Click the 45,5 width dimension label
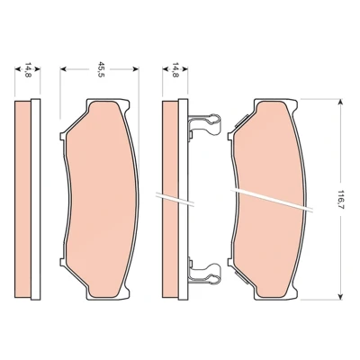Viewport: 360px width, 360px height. [100, 69]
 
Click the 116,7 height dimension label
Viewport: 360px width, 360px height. [340, 200]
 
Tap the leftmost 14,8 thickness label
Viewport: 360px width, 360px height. [28, 69]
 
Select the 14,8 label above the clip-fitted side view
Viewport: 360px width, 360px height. [175, 69]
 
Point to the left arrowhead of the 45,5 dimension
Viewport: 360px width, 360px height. [63, 69]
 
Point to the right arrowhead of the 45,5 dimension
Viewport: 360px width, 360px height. [136, 69]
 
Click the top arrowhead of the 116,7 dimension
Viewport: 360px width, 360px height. [340, 102]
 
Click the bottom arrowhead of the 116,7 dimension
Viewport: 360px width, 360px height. [340, 296]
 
